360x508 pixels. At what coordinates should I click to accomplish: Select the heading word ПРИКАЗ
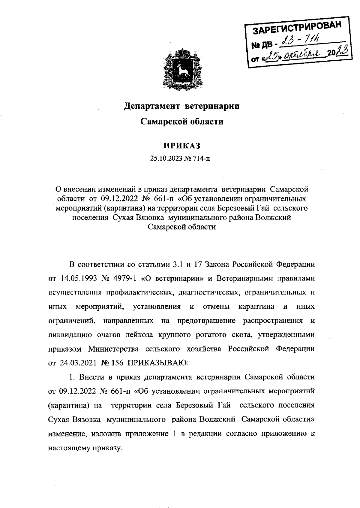[x=182, y=146]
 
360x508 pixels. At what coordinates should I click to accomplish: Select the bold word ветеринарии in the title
[x=212, y=106]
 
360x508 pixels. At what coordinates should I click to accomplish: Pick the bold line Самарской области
[x=182, y=122]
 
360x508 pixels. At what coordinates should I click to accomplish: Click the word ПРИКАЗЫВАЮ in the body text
[x=158, y=362]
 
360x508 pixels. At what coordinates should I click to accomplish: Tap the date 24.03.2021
[x=78, y=362]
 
